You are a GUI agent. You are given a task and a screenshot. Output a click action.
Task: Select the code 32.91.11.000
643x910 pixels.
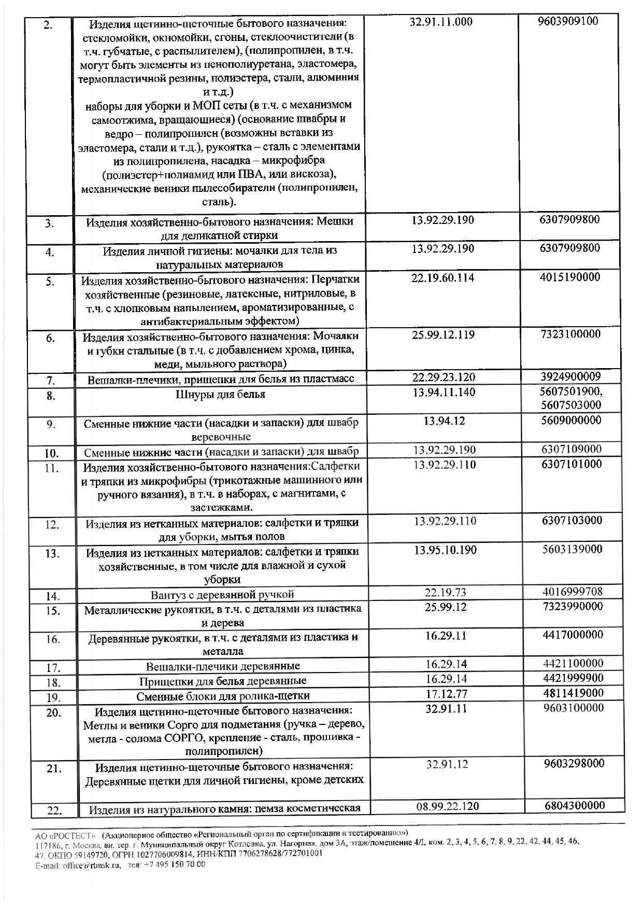pos(441,22)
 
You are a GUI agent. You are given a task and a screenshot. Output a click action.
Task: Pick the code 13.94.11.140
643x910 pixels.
pos(444,392)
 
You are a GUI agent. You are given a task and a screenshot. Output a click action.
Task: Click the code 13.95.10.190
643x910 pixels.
pos(445,550)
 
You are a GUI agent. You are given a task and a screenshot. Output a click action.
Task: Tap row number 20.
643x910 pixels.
pos(54,712)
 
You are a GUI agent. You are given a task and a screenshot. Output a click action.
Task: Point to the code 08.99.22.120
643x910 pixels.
pos(447,806)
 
